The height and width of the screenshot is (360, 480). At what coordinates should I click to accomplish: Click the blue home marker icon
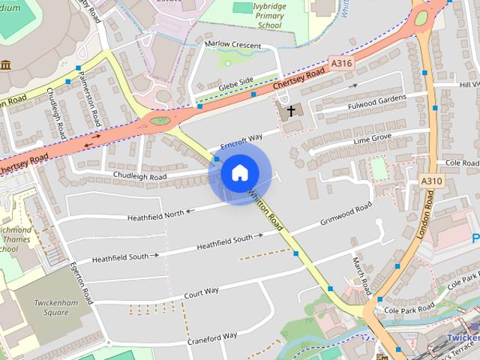[x=239, y=173]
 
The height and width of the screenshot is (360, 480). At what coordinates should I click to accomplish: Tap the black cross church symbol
[x=290, y=111]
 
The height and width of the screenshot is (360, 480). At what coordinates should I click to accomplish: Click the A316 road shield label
[x=341, y=64]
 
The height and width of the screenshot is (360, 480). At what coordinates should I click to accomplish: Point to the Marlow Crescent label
[x=233, y=46]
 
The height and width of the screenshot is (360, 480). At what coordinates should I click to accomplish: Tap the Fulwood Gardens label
[x=376, y=100]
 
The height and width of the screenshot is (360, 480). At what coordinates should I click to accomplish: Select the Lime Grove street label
[x=373, y=139]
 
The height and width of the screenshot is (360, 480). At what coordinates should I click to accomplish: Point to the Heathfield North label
[x=154, y=214]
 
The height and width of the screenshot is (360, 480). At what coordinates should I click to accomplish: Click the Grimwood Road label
[x=346, y=214]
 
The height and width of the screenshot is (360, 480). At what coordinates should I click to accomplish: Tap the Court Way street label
[x=201, y=291]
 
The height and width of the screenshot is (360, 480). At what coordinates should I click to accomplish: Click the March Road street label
[x=361, y=275]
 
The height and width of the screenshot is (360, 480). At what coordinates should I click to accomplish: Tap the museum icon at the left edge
[x=6, y=64]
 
